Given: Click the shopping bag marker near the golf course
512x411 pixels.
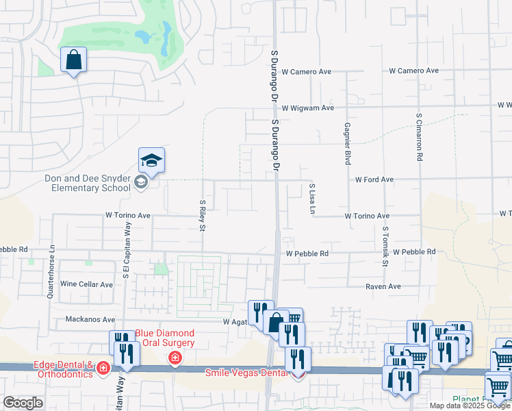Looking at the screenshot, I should [74, 60].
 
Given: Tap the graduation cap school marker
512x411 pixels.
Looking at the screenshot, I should [151, 161].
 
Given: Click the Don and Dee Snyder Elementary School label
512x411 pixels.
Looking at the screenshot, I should [87, 183].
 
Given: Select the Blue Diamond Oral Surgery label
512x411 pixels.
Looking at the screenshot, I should [164, 338].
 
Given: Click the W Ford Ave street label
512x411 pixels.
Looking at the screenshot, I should [374, 179].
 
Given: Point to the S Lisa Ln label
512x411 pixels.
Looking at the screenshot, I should [311, 199].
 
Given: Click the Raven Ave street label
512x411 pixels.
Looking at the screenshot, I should [383, 287].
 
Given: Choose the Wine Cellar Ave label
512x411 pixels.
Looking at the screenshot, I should [87, 284].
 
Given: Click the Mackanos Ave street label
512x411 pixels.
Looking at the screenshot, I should [90, 319].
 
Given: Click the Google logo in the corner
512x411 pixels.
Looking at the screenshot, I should [23, 403].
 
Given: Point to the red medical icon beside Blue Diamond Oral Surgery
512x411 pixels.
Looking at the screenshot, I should [175, 358].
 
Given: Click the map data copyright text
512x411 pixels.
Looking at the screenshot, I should [470, 406].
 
